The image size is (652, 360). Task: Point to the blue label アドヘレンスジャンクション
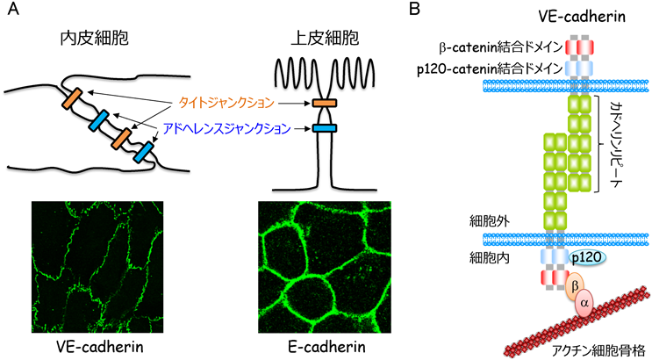(226, 130)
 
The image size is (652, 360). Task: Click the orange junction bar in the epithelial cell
(323, 104)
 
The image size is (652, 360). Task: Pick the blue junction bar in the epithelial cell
(323, 131)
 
